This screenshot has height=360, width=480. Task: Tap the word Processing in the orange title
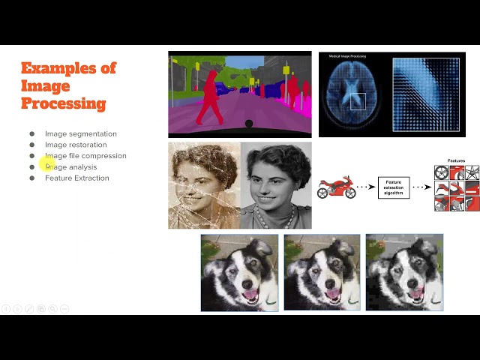click(63, 103)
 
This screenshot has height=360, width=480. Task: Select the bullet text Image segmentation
click(81, 133)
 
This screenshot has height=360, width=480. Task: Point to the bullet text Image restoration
click(76, 145)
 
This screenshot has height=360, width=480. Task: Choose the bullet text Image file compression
click(85, 156)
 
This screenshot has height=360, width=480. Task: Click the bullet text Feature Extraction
click(77, 178)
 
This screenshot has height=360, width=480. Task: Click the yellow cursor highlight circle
click(48, 165)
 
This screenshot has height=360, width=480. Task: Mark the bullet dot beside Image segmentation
click(32, 133)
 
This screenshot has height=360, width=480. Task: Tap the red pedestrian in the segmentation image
click(210, 97)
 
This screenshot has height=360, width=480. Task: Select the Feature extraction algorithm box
click(393, 187)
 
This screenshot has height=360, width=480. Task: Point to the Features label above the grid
click(456, 160)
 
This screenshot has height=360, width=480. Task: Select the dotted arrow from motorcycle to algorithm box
click(366, 187)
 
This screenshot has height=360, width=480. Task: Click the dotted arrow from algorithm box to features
click(421, 187)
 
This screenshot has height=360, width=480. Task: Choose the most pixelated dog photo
click(404, 272)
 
